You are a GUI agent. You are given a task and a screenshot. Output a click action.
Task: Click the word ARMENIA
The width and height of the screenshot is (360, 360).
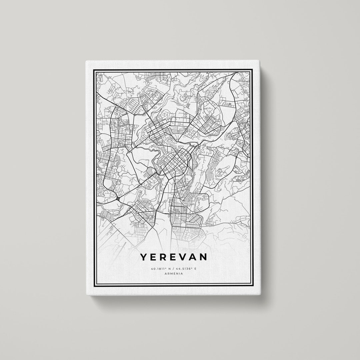[174, 274]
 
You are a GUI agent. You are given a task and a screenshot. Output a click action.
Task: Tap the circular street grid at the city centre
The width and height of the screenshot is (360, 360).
[176, 162]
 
